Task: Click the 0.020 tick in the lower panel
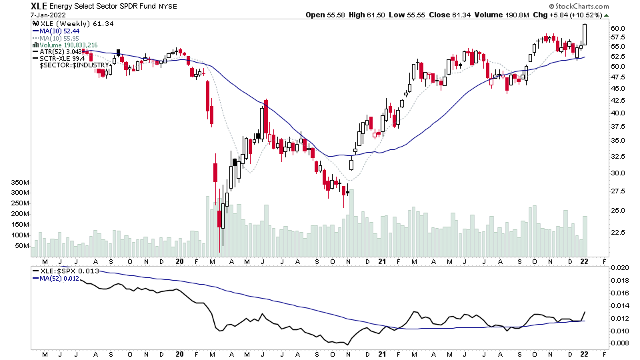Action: (619, 267)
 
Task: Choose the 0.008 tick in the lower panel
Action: (619, 343)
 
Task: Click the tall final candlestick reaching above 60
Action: (584, 34)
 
